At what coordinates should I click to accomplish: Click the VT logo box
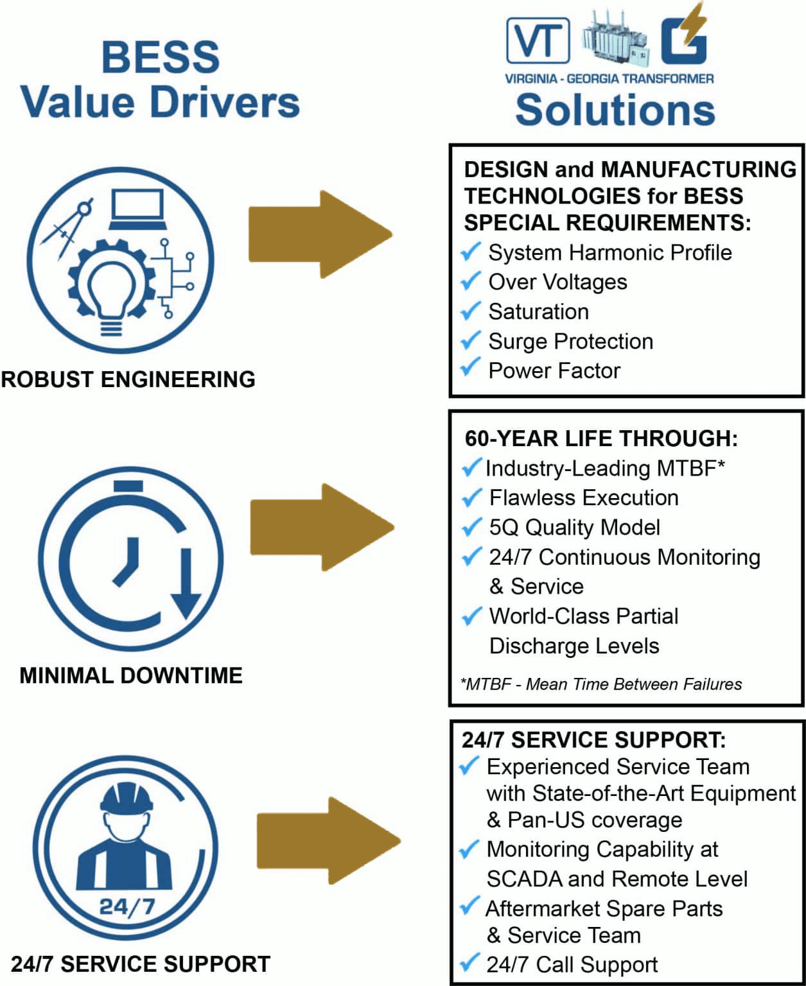538,40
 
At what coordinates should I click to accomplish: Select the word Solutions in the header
615,110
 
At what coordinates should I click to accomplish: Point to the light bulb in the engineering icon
112,292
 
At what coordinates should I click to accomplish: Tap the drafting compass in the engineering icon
67,228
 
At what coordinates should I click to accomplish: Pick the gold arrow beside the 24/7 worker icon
328,840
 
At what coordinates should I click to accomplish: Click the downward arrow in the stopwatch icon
186,584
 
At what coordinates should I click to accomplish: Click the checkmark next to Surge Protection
471,340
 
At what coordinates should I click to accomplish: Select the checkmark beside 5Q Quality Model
471,526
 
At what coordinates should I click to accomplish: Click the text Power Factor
554,370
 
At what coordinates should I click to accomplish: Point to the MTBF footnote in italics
601,684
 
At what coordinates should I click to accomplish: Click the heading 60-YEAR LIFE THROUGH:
601,438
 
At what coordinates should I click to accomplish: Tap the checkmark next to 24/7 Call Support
470,963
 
